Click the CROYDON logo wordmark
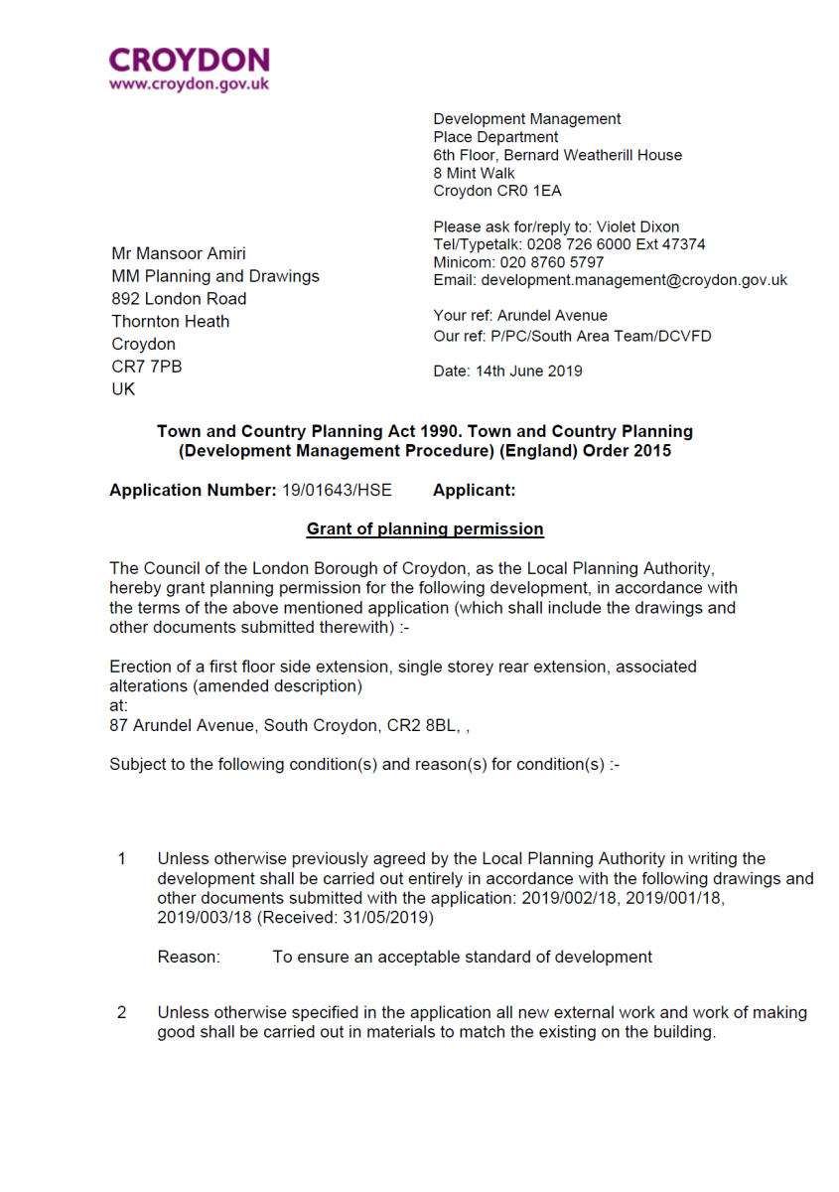tap(189, 61)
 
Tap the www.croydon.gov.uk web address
tap(189, 84)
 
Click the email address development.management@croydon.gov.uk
tap(633, 280)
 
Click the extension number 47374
tap(685, 244)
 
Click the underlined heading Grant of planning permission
tap(425, 528)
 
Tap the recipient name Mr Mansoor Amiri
tap(179, 253)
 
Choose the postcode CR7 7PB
tap(146, 367)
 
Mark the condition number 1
tap(122, 859)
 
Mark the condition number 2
tap(122, 1013)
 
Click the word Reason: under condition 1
tap(189, 958)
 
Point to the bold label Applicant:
tap(475, 490)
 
